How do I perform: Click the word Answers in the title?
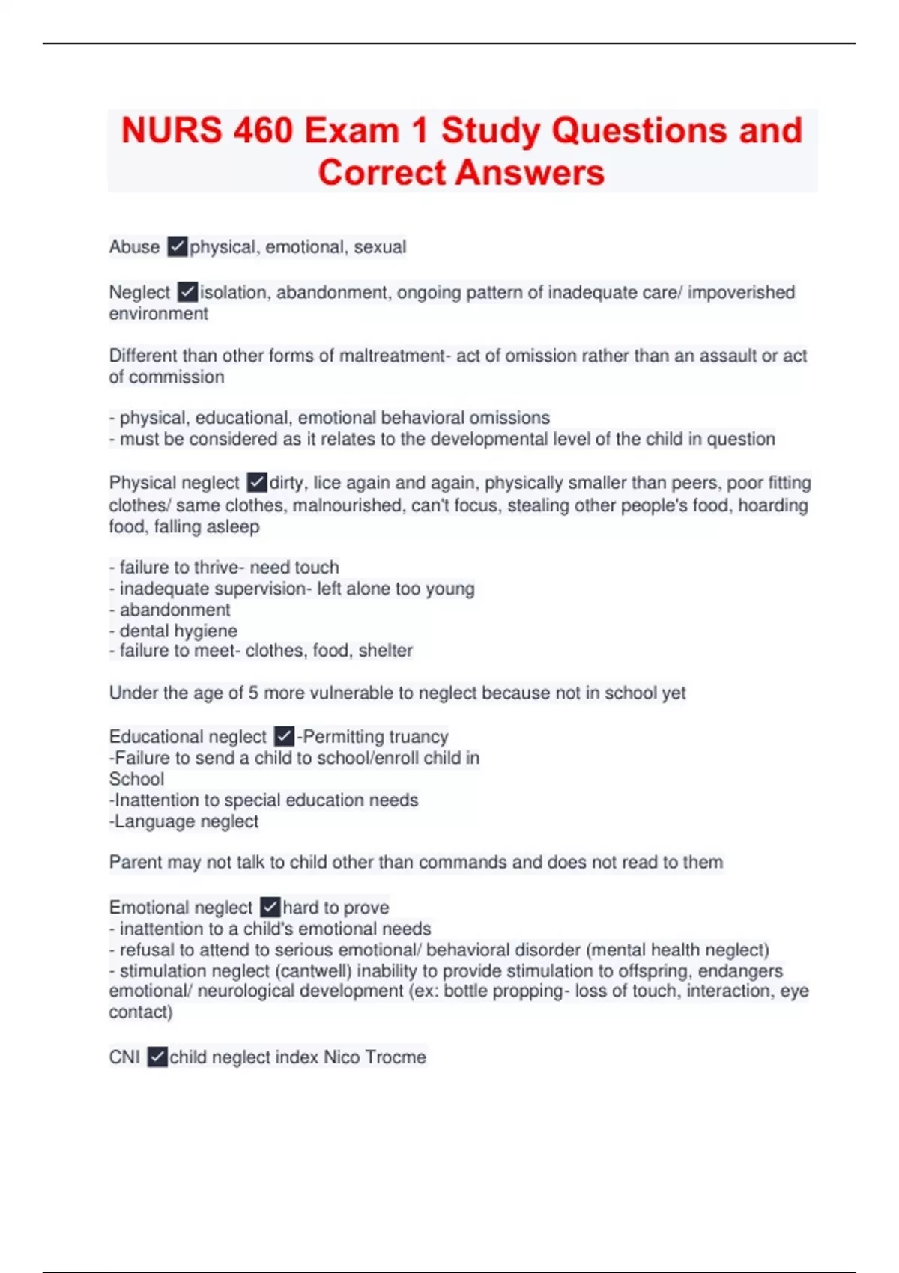[530, 172]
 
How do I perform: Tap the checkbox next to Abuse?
[178, 246]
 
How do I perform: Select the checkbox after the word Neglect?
[187, 291]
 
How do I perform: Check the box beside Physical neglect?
[257, 482]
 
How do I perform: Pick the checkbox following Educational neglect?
[284, 736]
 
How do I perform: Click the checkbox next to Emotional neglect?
[270, 907]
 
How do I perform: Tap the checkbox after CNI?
[157, 1057]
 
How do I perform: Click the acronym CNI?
[124, 1057]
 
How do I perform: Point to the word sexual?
[380, 246]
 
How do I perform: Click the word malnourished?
[342, 505]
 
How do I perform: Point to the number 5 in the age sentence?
[253, 693]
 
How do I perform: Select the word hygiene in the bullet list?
[206, 631]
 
